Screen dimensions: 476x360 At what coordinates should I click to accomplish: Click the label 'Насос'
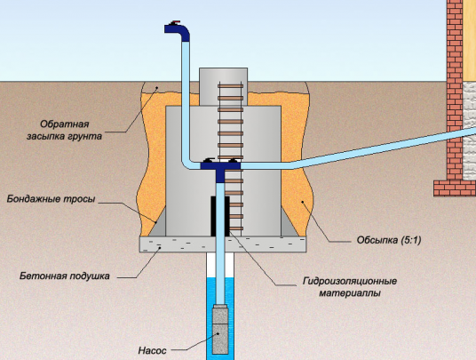(152, 350)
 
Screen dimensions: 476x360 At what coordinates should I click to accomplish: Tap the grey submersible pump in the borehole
(220, 330)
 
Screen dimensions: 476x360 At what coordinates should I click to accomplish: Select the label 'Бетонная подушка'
(65, 276)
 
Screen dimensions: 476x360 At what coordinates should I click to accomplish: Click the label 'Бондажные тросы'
(51, 199)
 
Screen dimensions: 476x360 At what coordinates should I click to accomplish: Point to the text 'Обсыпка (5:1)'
(389, 240)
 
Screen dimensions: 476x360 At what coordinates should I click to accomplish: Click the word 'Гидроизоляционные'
(350, 281)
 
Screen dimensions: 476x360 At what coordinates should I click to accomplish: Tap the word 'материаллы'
(350, 293)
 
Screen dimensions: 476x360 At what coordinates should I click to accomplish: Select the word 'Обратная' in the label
(65, 124)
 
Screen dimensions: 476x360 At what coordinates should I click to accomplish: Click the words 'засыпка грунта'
(64, 136)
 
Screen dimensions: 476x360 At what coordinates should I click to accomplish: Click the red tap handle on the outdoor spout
(175, 22)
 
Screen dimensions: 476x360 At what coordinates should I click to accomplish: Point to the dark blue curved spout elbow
(178, 31)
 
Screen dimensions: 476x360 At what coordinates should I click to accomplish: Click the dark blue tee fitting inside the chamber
(221, 170)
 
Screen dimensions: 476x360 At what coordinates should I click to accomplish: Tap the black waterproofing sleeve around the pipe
(220, 216)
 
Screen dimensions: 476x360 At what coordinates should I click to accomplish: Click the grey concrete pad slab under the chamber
(223, 244)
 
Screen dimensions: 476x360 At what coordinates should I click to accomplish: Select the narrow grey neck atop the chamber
(224, 86)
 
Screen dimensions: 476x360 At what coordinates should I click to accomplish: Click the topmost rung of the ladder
(230, 86)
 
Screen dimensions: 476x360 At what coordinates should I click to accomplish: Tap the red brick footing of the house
(455, 188)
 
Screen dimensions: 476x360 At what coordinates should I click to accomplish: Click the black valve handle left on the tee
(209, 160)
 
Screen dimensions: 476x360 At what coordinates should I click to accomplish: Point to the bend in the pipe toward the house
(290, 165)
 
